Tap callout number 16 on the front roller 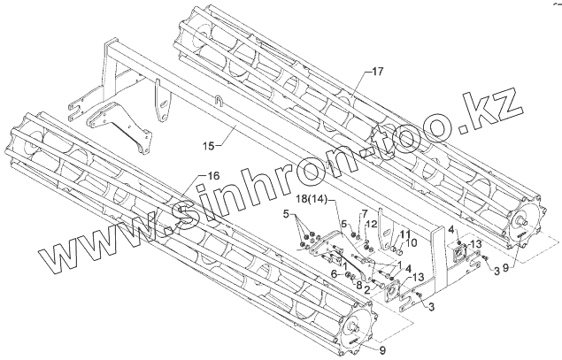212,175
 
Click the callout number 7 364,215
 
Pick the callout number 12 373,224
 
